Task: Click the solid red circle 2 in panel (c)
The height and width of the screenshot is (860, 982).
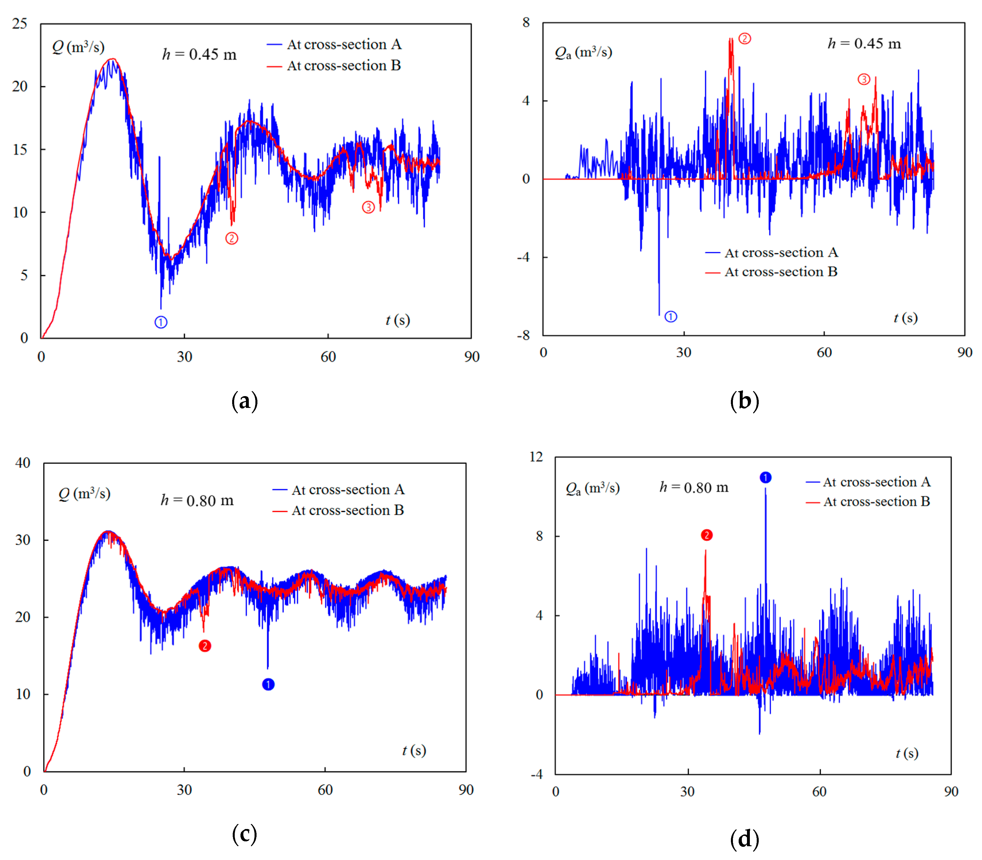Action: [205, 646]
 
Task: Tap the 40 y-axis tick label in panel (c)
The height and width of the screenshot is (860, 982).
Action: [23, 463]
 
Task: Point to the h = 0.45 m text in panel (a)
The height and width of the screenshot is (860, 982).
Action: [199, 54]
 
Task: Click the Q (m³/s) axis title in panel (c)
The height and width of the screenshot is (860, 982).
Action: [84, 493]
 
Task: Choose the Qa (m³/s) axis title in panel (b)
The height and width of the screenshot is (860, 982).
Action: [583, 52]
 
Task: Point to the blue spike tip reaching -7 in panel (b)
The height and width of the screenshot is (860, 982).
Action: [659, 314]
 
